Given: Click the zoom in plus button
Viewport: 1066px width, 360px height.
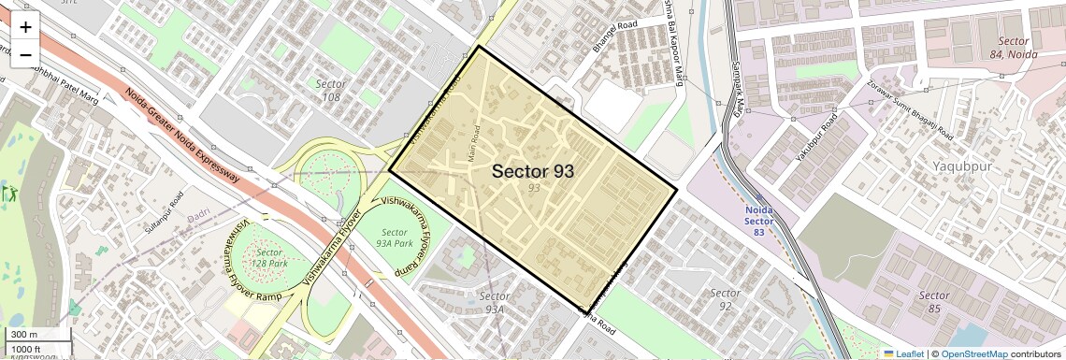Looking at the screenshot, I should (25, 26).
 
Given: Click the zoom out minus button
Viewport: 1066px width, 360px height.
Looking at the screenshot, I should (25, 54).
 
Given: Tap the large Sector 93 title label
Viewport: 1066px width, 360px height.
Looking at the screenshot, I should (532, 171).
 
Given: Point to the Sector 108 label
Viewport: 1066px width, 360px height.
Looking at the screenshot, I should (331, 90).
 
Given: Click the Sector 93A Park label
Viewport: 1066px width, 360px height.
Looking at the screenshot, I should (394, 238).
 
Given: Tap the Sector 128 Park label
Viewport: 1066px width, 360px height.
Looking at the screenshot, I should (269, 258).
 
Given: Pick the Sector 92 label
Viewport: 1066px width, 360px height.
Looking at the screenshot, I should (725, 299).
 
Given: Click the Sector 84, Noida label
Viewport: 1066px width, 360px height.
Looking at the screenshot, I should (1013, 48).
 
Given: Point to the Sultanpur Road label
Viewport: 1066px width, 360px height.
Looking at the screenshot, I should (166, 214).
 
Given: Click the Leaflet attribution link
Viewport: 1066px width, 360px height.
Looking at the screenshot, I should (903, 353).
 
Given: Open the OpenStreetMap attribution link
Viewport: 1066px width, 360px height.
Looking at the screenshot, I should (973, 353).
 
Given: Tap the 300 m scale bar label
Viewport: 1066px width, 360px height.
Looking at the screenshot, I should (24, 335).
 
